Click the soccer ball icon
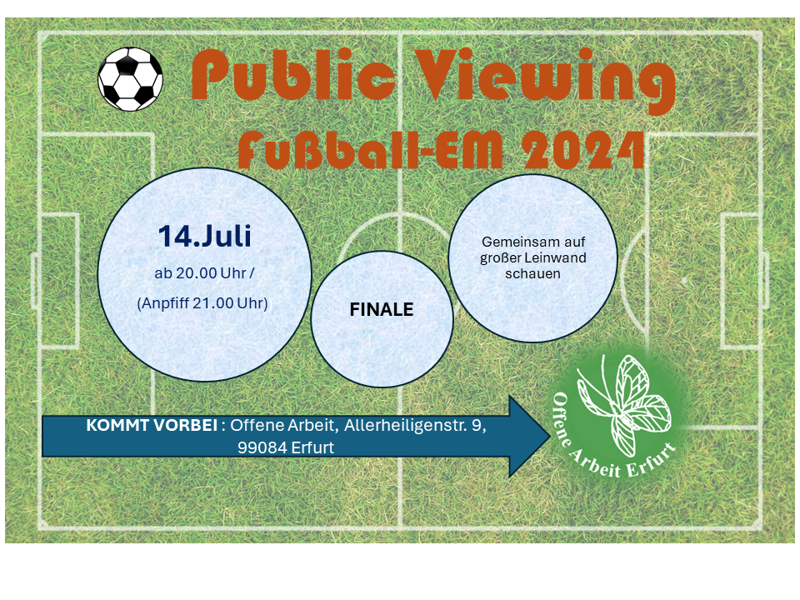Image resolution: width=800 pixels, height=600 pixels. [x=130, y=79]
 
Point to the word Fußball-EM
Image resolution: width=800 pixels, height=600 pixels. [x=371, y=150]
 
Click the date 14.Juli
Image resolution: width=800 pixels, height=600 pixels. [x=205, y=236]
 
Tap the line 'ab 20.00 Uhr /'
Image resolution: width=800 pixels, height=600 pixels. [x=204, y=273]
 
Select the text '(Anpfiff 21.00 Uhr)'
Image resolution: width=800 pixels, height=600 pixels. [x=202, y=303]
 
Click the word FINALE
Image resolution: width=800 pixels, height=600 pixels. [x=382, y=309]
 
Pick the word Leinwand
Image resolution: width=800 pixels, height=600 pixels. [x=555, y=257]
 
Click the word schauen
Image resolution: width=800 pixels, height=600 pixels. [x=532, y=274]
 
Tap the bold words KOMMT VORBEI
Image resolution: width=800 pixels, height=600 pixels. [x=152, y=425]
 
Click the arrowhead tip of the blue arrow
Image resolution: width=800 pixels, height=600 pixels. [x=551, y=436]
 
